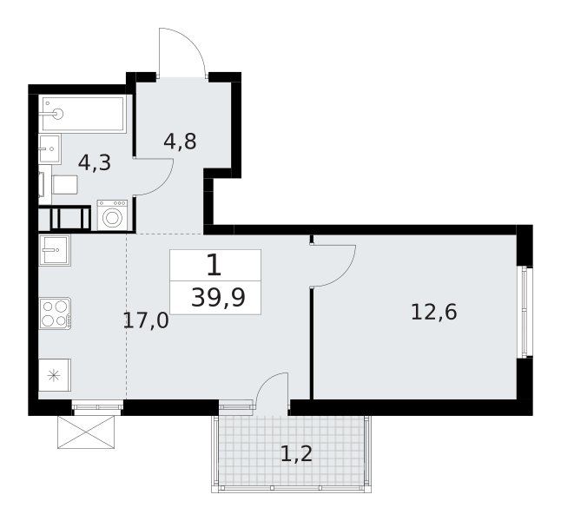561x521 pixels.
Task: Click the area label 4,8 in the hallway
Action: tap(180, 142)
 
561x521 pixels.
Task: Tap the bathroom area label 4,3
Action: tap(95, 163)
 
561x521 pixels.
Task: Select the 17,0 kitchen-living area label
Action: tap(146, 320)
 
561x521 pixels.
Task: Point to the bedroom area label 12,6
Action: tap(434, 312)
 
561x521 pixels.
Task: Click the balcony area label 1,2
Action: tap(297, 454)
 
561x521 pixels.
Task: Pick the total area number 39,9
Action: tap(218, 298)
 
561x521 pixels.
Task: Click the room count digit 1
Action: tap(214, 266)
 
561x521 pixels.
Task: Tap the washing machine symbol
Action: tap(112, 215)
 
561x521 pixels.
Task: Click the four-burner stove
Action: tap(55, 313)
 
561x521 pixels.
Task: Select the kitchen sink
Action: tap(55, 250)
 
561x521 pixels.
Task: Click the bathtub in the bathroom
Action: tap(82, 114)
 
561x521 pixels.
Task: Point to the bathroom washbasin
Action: tap(49, 148)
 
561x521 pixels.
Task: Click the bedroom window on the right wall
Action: tap(525, 312)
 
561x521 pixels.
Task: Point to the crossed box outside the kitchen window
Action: tap(86, 432)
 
